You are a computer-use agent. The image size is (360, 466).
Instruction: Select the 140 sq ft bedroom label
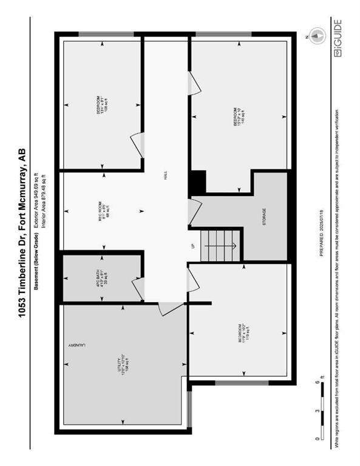coord(238,116)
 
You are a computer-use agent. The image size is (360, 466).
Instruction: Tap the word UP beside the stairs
coord(193,245)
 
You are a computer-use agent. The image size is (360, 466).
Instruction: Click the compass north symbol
coord(315,35)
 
